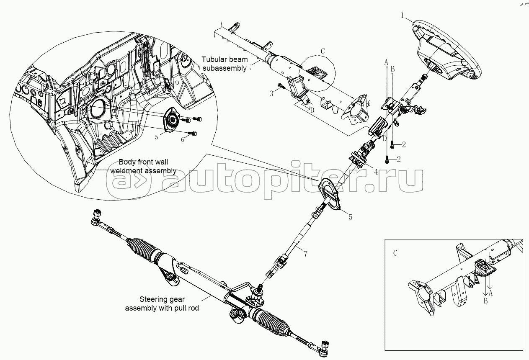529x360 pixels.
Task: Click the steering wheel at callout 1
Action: (448, 50)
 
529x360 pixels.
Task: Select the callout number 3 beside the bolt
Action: (271, 93)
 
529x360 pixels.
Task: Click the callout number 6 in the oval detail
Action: (183, 139)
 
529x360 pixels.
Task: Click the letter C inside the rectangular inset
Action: (395, 253)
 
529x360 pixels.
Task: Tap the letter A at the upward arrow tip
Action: (387, 62)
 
